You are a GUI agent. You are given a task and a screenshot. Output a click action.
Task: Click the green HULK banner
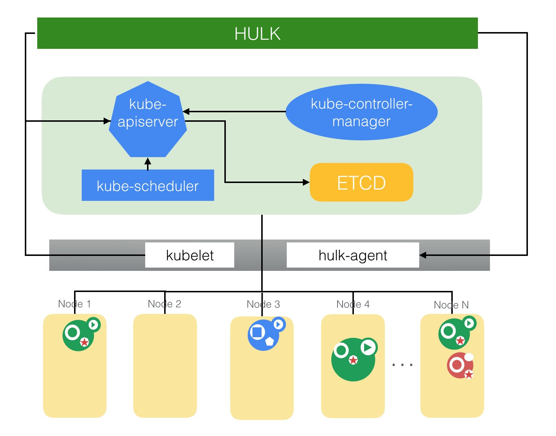coord(257,33)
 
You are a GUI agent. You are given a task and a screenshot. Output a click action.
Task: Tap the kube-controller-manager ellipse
coord(361,112)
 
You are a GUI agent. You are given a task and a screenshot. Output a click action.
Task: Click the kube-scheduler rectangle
coord(148,185)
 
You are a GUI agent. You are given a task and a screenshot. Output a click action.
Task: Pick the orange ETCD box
coord(361,182)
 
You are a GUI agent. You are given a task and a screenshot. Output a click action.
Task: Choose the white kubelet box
coord(190,255)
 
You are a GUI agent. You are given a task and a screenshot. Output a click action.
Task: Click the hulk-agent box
coord(353,255)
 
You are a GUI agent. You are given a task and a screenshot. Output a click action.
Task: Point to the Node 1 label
coord(74,304)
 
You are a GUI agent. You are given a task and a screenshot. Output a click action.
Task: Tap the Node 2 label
coord(165,304)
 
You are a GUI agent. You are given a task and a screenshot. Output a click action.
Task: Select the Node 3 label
coord(263,304)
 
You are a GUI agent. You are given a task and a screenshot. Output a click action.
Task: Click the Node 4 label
coord(353,304)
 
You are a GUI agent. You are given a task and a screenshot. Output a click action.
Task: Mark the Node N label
coord(451,305)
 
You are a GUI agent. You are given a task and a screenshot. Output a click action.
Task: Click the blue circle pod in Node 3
coord(263,335)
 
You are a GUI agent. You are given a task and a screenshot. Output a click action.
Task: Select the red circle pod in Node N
coord(460,365)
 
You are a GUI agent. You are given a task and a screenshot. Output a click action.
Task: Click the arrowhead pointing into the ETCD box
coord(306,182)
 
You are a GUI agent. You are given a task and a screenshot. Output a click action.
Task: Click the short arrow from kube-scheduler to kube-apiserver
coord(148,164)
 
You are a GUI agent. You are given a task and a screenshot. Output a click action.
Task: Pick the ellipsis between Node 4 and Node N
coord(402,364)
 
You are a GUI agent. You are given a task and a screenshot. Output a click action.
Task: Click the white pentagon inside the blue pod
coord(269,341)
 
